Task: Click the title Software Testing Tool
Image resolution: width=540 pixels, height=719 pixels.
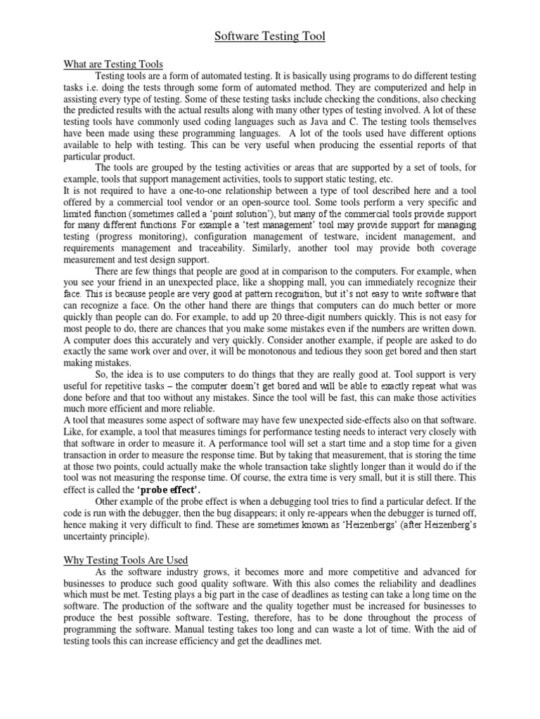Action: click(x=270, y=37)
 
